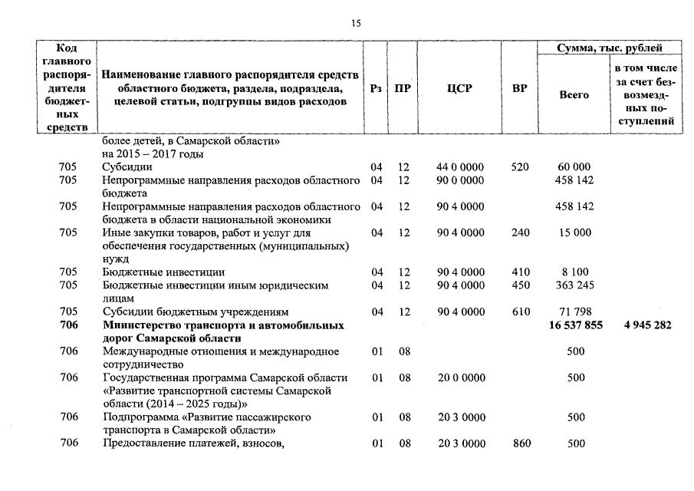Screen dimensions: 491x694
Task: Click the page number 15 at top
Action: click(356, 24)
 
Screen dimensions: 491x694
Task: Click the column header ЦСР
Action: click(459, 88)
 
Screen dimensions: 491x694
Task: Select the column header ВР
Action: click(519, 88)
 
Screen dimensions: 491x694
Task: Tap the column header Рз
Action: click(376, 88)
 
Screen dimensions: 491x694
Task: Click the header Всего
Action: click(574, 95)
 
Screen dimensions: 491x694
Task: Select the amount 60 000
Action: click(574, 166)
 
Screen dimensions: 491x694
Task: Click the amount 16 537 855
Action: click(576, 325)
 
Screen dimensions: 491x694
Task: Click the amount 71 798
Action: click(574, 311)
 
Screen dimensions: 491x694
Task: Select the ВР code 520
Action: click(520, 166)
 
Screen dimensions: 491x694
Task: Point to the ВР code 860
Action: click(520, 443)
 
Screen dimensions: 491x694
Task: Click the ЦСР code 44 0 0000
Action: click(460, 166)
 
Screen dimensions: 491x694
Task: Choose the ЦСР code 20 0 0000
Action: click(460, 377)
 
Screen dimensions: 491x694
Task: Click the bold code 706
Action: click(69, 325)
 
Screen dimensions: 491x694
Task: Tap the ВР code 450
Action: click(520, 285)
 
